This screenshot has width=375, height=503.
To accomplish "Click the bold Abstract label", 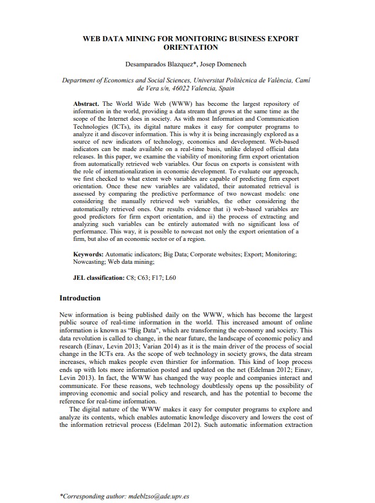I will tap(86, 103).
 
